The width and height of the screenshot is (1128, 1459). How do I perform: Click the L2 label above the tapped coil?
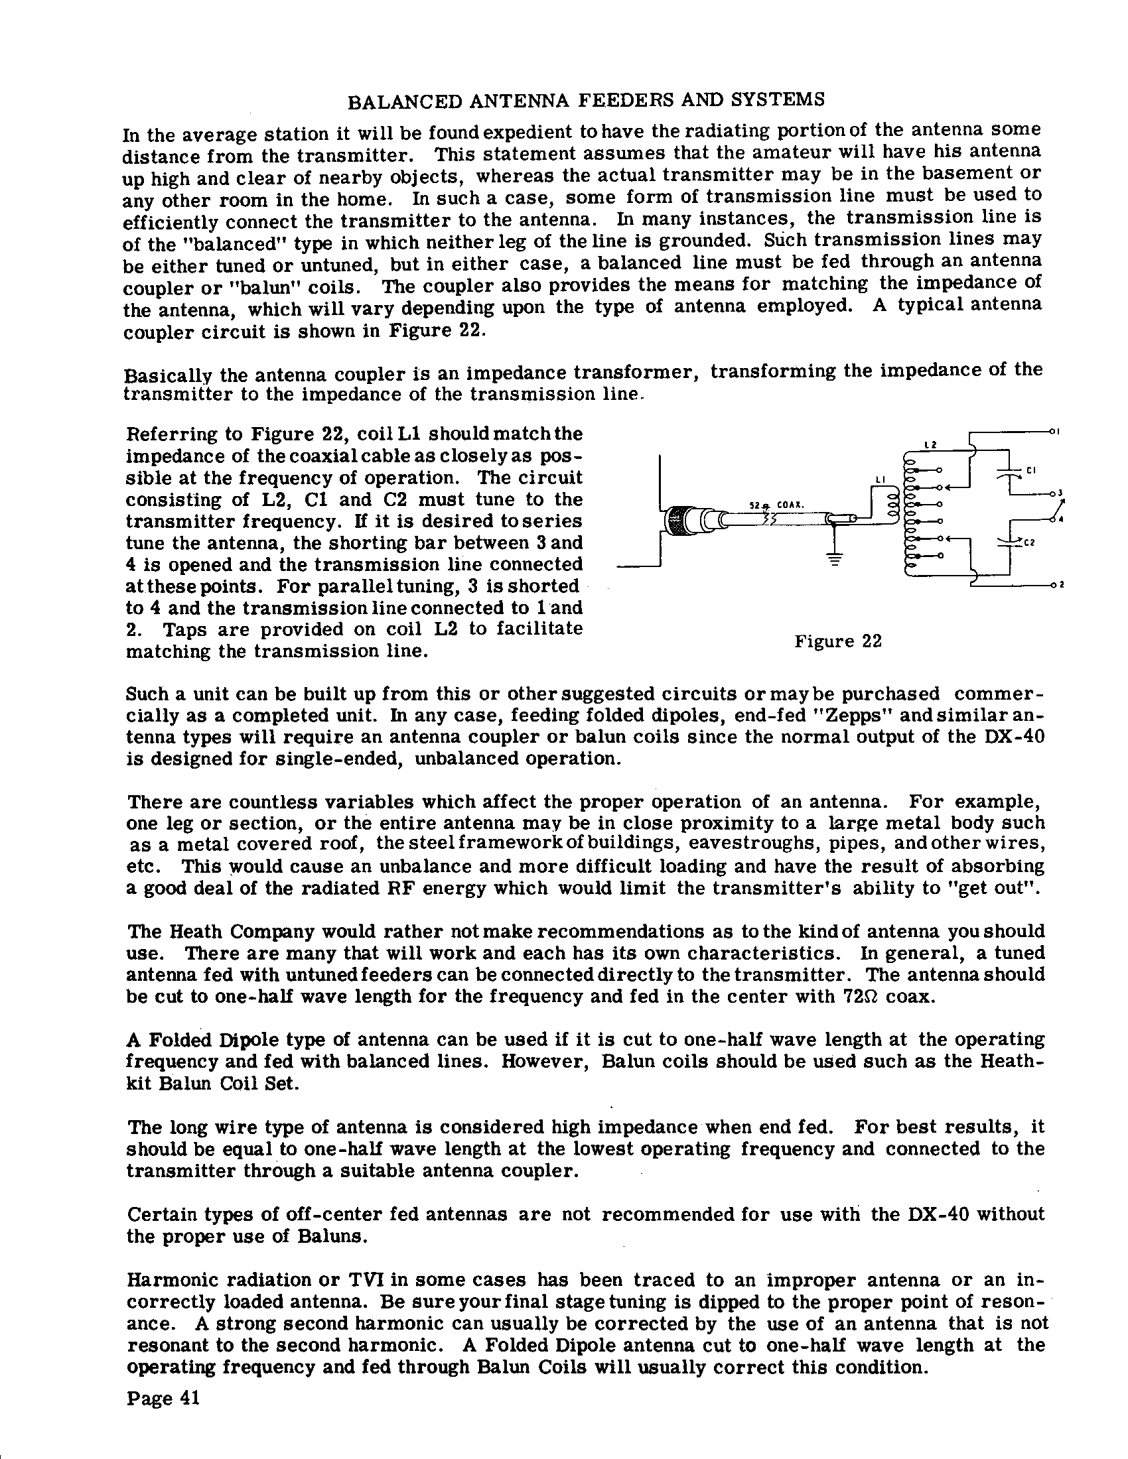click(930, 445)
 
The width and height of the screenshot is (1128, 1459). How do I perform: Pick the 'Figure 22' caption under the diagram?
click(838, 641)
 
